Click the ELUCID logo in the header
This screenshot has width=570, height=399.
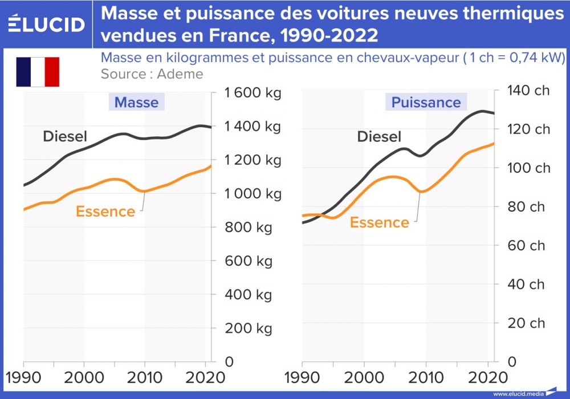47,24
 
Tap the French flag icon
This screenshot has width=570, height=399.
38,72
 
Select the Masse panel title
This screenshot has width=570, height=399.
136,103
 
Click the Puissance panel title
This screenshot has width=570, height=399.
426,103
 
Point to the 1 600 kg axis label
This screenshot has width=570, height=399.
253,93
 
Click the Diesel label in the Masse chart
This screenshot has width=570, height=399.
65,136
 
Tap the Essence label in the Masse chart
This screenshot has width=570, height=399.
105,211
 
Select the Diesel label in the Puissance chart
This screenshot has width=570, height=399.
379,137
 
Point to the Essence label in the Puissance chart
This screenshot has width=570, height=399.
379,222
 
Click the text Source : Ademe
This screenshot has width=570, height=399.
152,74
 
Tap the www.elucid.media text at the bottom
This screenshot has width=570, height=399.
518,394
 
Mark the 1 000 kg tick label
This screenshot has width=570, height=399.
253,194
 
